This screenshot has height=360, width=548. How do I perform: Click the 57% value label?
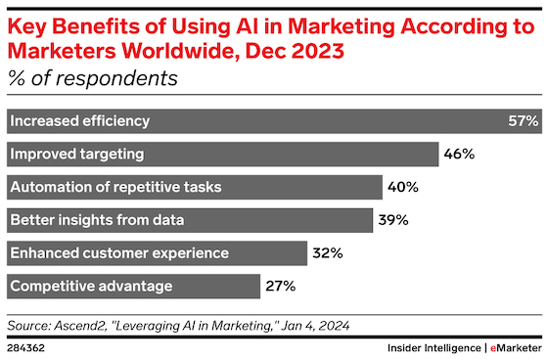point(524,121)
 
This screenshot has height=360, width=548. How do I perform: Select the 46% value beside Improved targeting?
point(459,154)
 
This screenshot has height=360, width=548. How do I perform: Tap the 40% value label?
point(403,187)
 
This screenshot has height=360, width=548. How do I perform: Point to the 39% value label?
point(393,220)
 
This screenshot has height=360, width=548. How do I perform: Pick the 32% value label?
point(328,253)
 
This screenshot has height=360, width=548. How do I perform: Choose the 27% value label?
point(281,287)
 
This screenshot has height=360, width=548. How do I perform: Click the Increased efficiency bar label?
point(80,121)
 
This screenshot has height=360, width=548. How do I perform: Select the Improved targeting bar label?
point(77,155)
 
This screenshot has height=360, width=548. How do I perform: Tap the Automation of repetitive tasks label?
point(116,187)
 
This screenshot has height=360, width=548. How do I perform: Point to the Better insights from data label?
point(97,220)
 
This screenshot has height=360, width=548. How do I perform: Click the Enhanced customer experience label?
point(119,253)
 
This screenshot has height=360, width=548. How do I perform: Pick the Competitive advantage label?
point(91,287)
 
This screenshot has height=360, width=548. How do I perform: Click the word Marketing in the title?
point(342,27)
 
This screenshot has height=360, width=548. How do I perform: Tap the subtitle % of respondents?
point(93,78)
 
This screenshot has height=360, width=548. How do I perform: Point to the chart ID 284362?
point(25,348)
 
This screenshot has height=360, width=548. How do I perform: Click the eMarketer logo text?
point(516,348)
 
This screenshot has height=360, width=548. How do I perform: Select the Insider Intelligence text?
point(434,348)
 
